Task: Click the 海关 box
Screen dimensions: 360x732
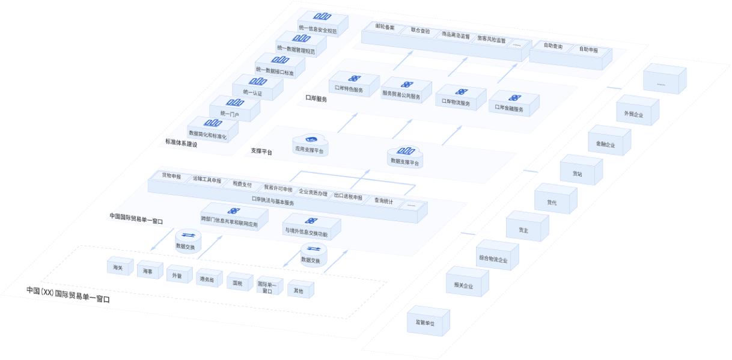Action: pos(118,267)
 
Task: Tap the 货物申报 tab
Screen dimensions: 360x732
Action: pos(171,176)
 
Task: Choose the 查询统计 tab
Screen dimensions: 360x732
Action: pos(383,201)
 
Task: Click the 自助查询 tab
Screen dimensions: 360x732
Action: pos(552,46)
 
